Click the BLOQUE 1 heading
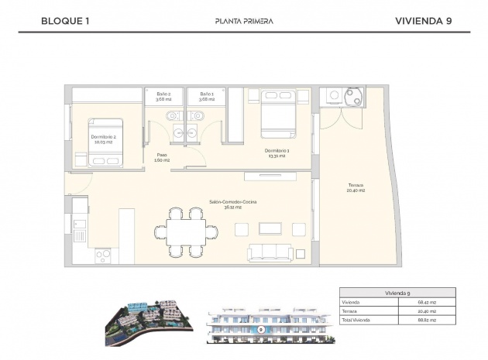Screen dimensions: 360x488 [x=65, y=21]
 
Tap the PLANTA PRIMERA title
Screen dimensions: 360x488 [x=243, y=21]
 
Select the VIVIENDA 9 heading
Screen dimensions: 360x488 [x=423, y=21]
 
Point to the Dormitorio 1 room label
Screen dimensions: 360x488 [x=276, y=153]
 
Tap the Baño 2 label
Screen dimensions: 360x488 [x=163, y=96]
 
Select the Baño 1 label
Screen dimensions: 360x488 [x=205, y=96]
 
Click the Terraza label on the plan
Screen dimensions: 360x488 [x=356, y=187]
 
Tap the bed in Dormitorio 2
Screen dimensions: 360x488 [x=105, y=142]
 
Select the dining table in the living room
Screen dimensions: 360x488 [x=187, y=230]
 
